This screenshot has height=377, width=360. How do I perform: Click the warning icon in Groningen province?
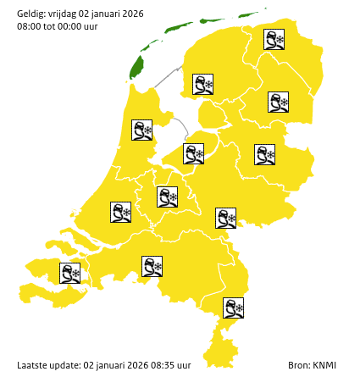coord(274,39)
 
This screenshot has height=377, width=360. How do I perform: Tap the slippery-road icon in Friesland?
coord(202,84)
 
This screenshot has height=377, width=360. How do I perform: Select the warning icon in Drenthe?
coord(278,103)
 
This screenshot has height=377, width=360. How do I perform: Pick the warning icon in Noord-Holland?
coord(141,130)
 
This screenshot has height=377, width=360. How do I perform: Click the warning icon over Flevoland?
coord(193,153)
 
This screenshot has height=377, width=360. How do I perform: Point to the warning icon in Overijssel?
coord(264,154)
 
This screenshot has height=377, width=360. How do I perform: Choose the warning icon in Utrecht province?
coord(167,197)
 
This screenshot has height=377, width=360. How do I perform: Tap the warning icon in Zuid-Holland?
coord(120,212)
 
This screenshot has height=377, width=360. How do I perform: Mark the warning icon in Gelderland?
coord(225,218)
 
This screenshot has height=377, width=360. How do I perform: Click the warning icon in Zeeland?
coord(69,273)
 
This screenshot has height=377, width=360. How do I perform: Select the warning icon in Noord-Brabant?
coord(152,267)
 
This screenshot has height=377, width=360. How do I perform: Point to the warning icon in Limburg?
coord(233,308)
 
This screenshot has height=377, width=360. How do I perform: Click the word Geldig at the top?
coord(32,11)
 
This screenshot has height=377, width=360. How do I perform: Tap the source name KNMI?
coord(324,365)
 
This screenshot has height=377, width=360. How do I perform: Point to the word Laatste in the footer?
coord(33,365)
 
